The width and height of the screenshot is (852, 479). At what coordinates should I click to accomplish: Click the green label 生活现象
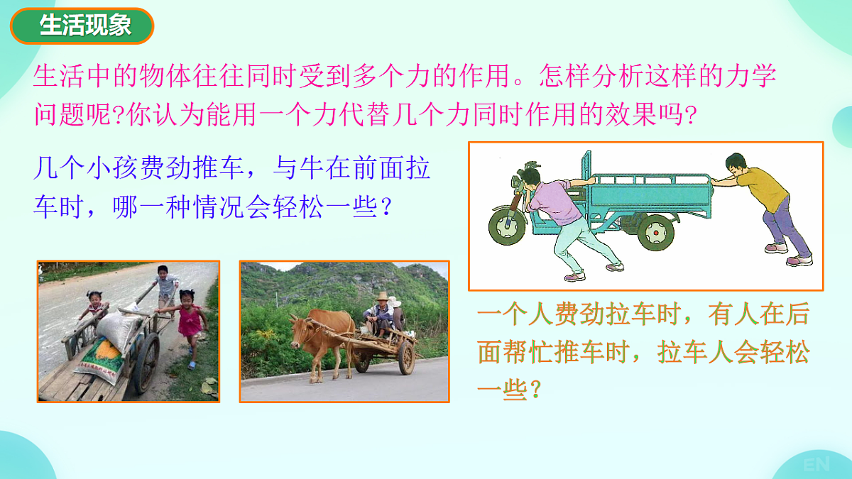(x=82, y=26)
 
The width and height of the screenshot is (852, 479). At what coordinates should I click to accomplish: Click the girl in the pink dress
(x=189, y=324)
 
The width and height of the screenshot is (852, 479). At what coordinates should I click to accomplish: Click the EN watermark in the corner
(x=816, y=465)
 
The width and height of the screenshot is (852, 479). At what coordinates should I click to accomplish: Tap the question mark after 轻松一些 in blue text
(x=385, y=208)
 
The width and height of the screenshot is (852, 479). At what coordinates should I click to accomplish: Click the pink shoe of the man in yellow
(x=799, y=260)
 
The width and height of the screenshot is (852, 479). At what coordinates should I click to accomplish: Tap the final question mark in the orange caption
(x=537, y=390)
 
